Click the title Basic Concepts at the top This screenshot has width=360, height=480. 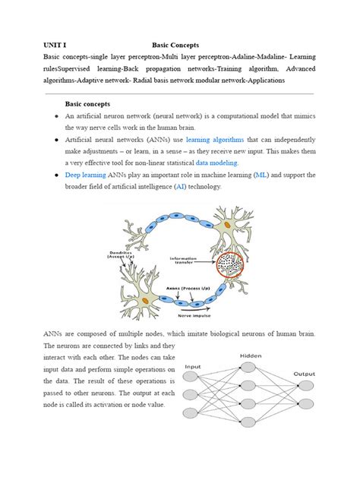pyautogui.click(x=175, y=45)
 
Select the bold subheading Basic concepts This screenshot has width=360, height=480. pyautogui.click(x=87, y=103)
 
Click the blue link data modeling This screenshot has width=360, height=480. pyautogui.click(x=216, y=163)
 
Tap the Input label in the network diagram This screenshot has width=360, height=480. pyautogui.click(x=194, y=365)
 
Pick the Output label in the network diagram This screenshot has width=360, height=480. pyautogui.click(x=305, y=373)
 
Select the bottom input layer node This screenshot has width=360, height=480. pyautogui.click(x=194, y=415)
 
